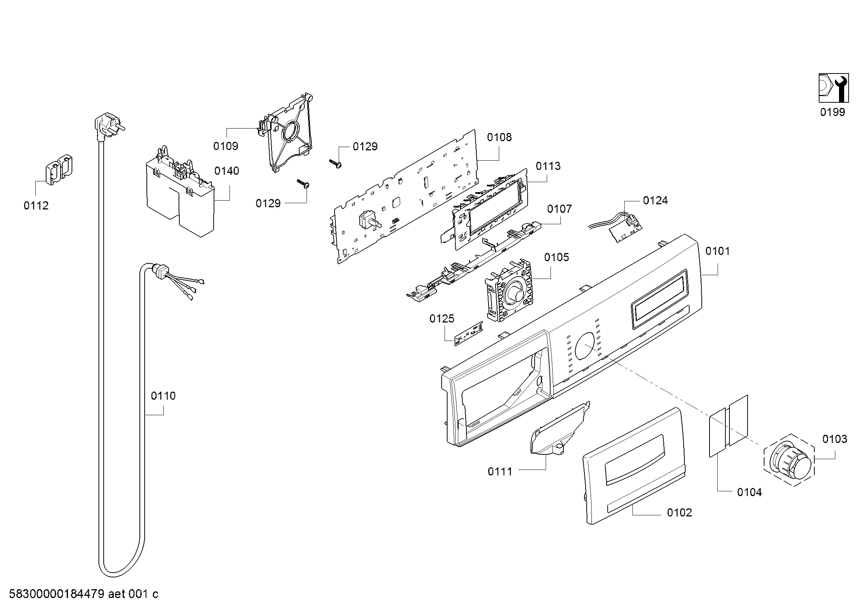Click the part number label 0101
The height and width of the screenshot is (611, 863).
(717, 251)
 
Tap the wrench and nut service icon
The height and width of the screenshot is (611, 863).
(833, 88)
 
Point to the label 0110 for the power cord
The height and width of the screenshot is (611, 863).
(163, 395)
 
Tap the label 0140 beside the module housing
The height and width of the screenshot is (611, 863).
(227, 171)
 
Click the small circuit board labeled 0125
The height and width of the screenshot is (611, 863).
(469, 334)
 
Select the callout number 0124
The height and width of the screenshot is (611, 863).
(655, 200)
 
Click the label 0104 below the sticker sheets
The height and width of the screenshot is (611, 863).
(749, 492)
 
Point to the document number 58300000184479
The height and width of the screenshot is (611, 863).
(56, 594)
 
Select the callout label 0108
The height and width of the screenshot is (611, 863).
(499, 137)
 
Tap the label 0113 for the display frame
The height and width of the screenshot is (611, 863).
(548, 166)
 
